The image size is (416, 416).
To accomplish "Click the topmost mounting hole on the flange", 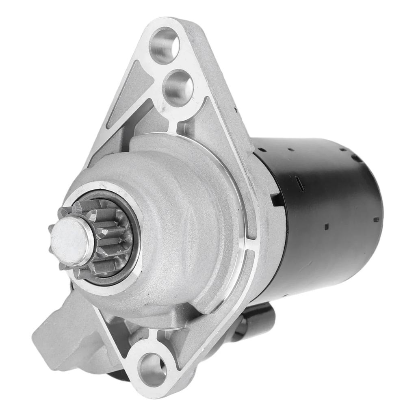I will pyautogui.click(x=165, y=45).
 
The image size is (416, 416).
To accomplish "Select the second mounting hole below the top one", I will pyautogui.click(x=178, y=87).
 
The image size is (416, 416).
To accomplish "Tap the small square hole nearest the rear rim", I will pyautogui.click(x=376, y=219).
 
